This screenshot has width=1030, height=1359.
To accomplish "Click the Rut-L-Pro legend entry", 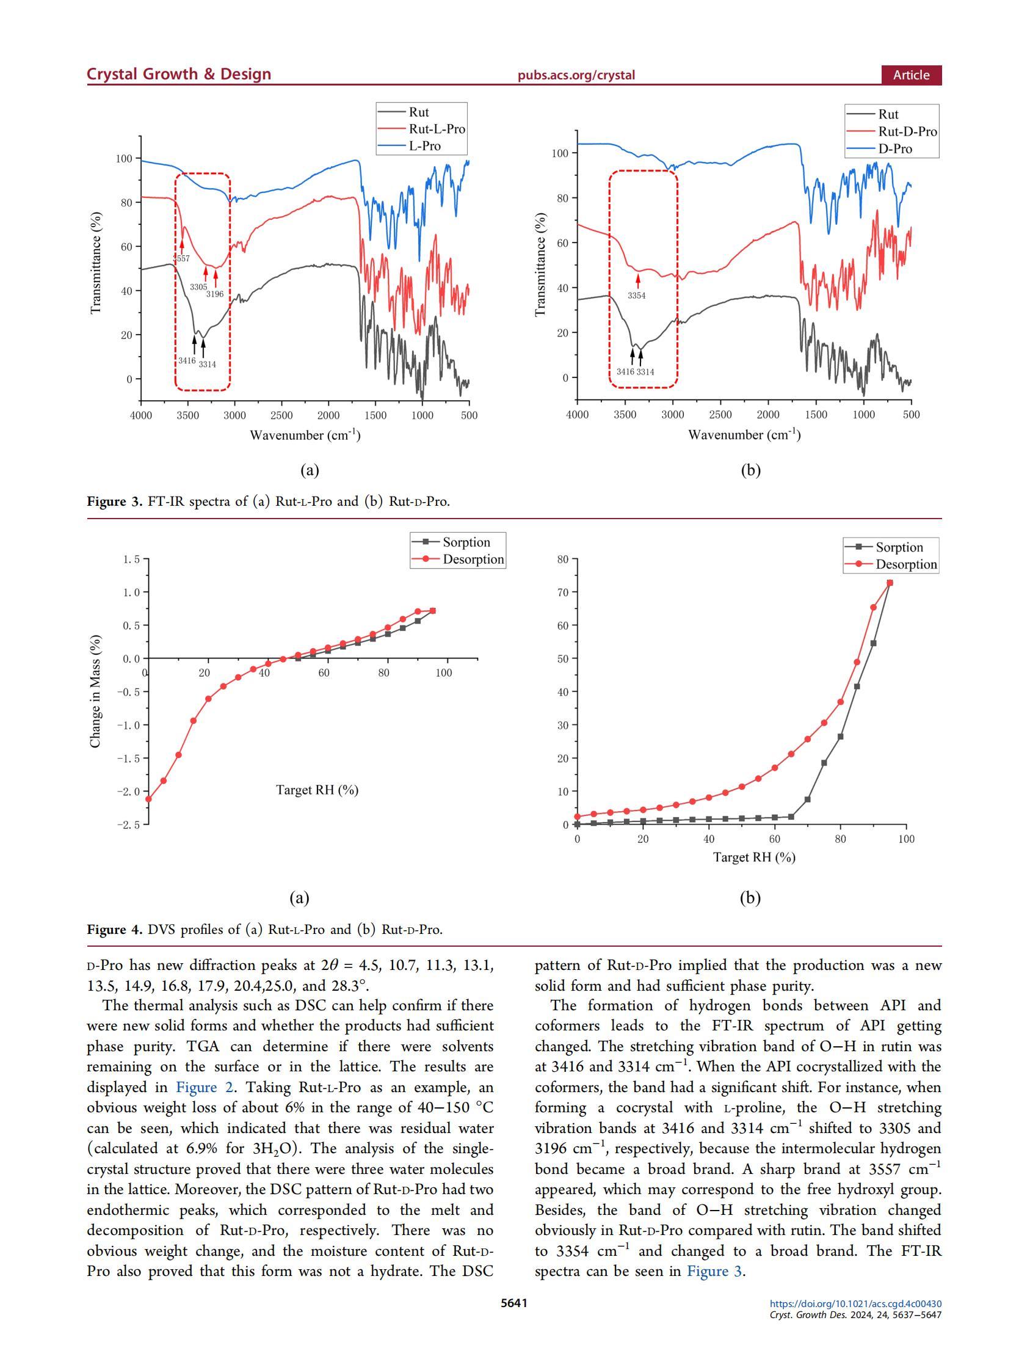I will (436, 129).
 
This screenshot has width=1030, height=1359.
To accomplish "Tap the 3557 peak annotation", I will (181, 258).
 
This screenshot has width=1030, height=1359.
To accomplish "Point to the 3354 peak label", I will (636, 296).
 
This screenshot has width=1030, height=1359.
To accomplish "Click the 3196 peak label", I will (215, 294).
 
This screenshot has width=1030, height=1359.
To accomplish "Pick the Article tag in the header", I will (911, 75).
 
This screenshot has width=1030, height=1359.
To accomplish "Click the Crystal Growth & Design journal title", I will (179, 75).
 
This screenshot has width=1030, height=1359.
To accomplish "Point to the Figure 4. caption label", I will (115, 929).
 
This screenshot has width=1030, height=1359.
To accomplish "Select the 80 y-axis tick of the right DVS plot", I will (562, 559).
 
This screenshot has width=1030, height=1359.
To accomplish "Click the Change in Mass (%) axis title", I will (95, 691).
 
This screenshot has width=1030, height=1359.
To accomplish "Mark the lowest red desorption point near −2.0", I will (148, 799).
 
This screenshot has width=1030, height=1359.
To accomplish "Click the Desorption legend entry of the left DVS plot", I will (473, 559).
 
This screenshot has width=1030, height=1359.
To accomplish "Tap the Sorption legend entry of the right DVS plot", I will (899, 547).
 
